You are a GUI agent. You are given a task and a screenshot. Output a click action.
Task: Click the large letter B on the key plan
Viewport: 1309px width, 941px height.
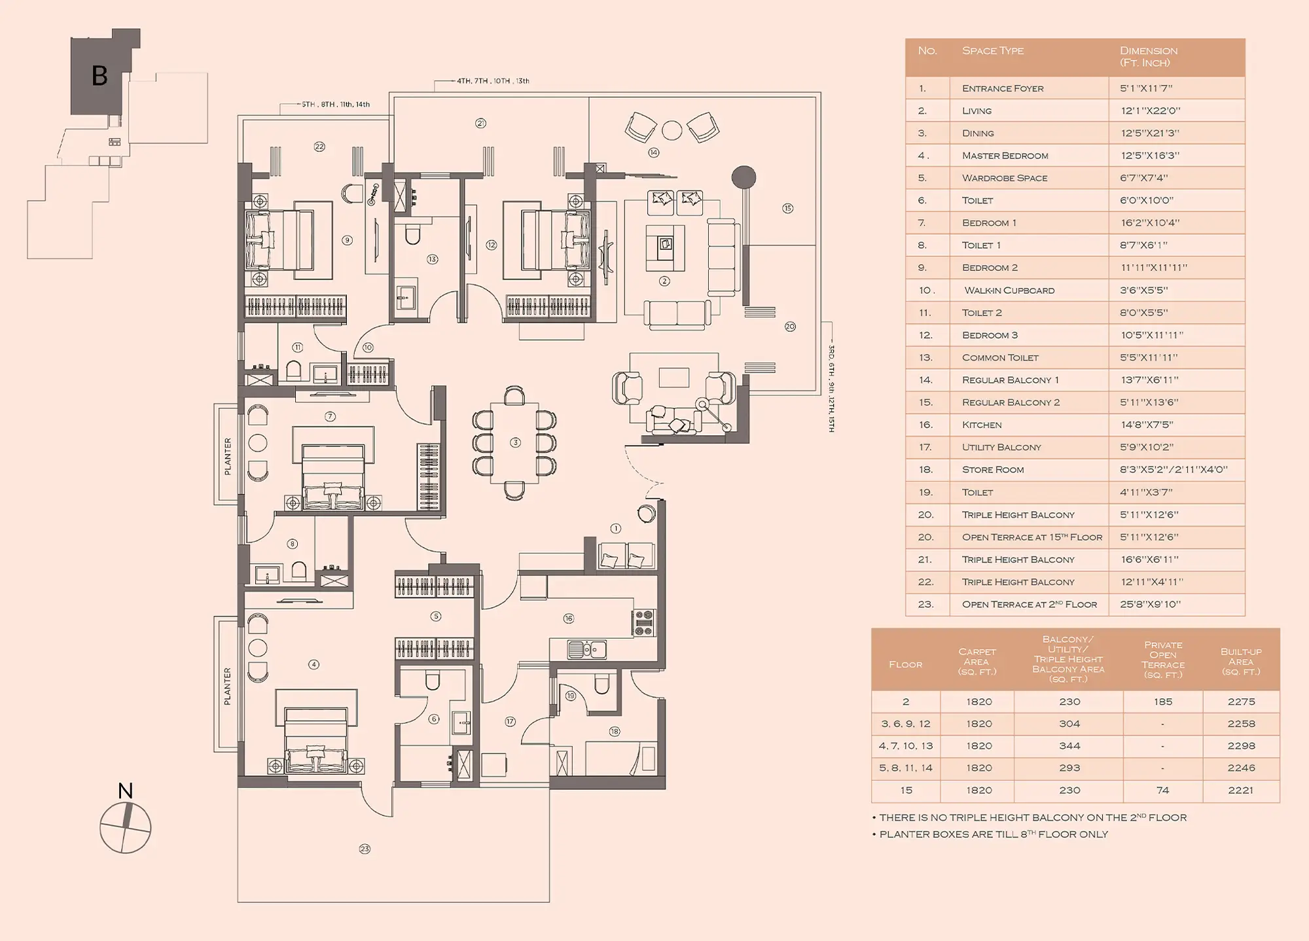[99, 76]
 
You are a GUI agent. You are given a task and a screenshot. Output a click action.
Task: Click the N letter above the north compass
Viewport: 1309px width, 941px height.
[125, 790]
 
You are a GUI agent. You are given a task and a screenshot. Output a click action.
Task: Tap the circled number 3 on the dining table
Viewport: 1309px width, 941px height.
[516, 442]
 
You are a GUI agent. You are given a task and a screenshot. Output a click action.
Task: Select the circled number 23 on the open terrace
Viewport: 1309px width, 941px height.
[365, 849]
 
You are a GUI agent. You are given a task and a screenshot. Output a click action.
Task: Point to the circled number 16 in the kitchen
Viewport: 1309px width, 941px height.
[568, 618]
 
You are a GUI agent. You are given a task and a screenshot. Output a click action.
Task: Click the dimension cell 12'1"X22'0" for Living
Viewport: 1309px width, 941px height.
[1151, 111]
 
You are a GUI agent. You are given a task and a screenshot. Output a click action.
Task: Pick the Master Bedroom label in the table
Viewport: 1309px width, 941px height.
[1005, 156]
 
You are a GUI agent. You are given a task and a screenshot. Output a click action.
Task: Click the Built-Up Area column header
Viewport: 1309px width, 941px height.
[1241, 661]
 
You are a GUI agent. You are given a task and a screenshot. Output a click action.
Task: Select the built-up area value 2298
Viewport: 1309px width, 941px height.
[1241, 746]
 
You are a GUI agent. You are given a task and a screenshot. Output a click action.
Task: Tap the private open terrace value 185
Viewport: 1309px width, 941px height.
[1163, 701]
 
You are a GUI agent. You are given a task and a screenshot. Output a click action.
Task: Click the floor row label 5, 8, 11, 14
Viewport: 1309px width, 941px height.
[906, 768]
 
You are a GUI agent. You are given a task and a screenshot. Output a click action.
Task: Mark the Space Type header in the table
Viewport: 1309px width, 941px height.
[993, 50]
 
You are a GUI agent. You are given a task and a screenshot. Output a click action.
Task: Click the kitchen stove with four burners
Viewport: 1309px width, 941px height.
[643, 622]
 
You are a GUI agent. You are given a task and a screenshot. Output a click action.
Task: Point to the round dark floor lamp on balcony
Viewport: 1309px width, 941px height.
[744, 177]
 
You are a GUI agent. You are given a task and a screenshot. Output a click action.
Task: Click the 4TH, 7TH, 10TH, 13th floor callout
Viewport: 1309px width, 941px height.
[493, 81]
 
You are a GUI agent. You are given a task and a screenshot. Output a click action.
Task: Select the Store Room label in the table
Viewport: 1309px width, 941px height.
[993, 470]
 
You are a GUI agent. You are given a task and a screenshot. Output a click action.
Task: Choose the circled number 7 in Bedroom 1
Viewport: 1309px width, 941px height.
[330, 416]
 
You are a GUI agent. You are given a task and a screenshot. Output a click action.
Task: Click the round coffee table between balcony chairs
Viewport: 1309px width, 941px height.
[672, 131]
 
